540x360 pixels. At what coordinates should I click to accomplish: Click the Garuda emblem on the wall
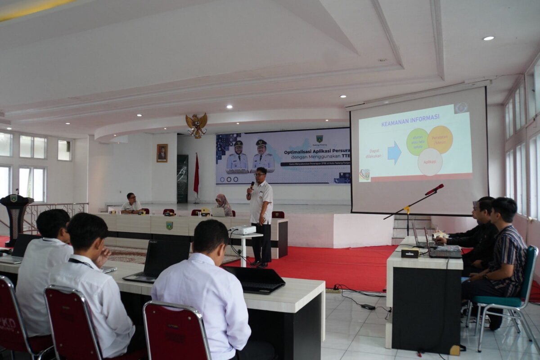click(197, 125)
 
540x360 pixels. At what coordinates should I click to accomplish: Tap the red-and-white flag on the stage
click(196, 175)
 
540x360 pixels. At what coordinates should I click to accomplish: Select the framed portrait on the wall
click(162, 153)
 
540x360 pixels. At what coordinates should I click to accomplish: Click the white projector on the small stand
click(243, 230)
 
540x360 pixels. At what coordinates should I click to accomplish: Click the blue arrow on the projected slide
click(394, 153)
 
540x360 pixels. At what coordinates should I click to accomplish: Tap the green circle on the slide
click(417, 142)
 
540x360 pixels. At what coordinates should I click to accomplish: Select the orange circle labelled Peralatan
click(440, 139)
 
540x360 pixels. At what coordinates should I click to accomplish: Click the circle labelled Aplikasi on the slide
click(430, 162)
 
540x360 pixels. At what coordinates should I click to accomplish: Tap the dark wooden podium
click(16, 216)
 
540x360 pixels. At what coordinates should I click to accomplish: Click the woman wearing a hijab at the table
click(224, 205)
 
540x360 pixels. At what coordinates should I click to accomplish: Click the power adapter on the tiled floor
click(368, 307)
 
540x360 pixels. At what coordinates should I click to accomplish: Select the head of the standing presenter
click(260, 174)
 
